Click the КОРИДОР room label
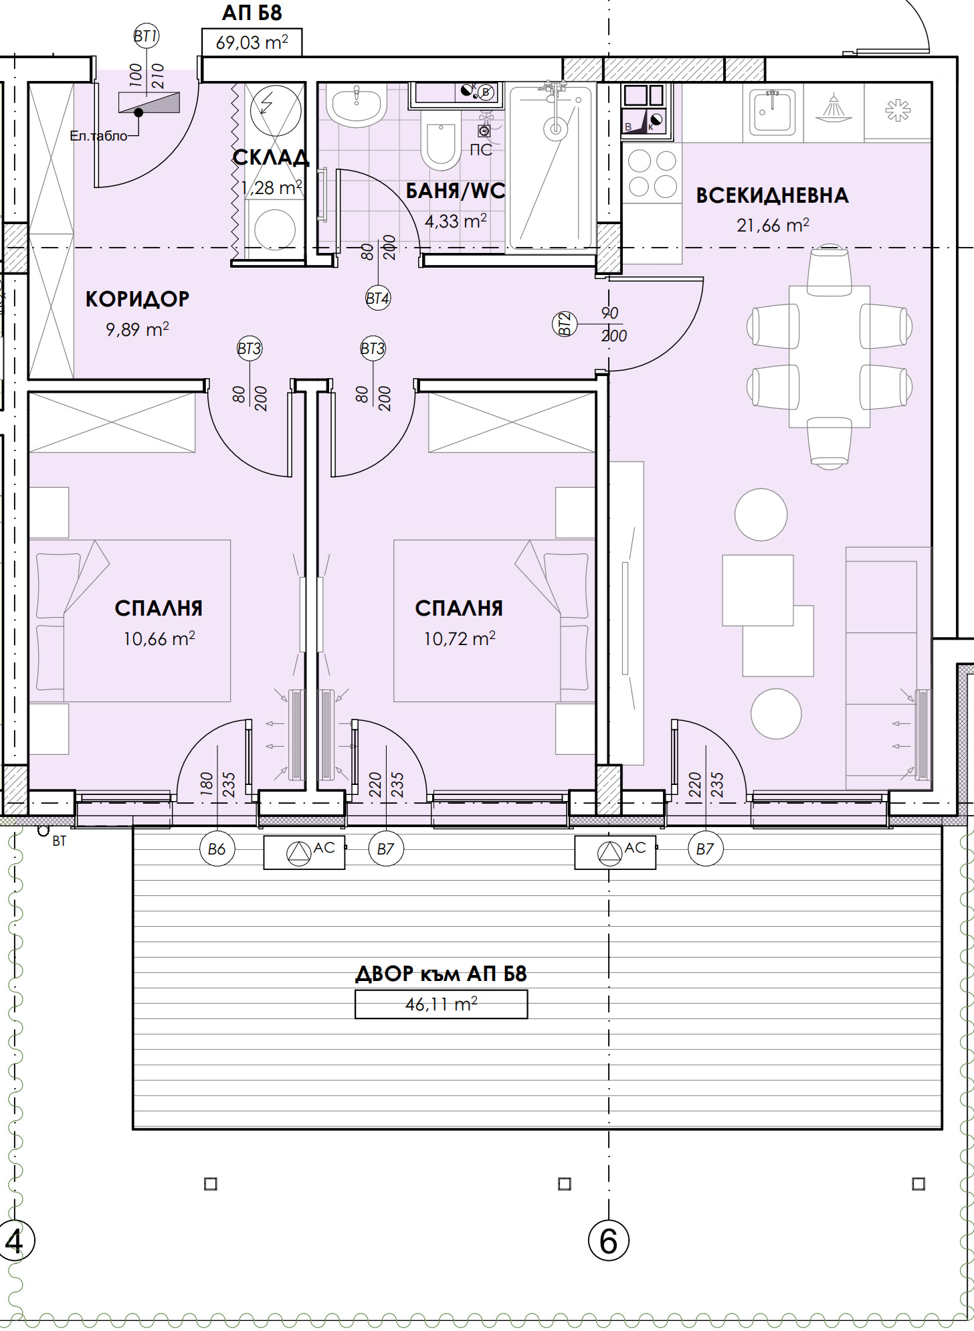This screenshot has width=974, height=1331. (x=137, y=299)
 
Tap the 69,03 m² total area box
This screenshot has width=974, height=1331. (x=252, y=42)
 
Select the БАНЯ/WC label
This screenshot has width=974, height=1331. (x=456, y=191)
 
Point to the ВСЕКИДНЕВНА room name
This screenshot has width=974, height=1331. (x=773, y=195)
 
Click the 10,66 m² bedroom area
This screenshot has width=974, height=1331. (x=159, y=638)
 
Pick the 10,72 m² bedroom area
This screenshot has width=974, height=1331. (x=459, y=638)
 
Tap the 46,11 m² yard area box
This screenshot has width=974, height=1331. (x=441, y=1004)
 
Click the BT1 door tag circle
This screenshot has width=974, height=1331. (x=146, y=35)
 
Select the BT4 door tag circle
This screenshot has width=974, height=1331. (x=378, y=298)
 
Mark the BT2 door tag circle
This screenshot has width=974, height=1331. (x=565, y=324)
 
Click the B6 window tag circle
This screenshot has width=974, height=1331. (x=217, y=849)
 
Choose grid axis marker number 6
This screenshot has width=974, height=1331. (x=608, y=1241)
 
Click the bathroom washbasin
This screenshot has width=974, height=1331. (x=357, y=105)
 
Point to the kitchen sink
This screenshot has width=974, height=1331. (x=773, y=112)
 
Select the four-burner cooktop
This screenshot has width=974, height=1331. (x=652, y=173)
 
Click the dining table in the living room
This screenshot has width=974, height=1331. (x=830, y=357)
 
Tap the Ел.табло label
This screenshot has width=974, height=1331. (x=98, y=136)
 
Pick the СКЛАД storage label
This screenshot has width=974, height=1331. (x=271, y=158)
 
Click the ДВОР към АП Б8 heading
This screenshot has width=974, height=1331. (x=441, y=974)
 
